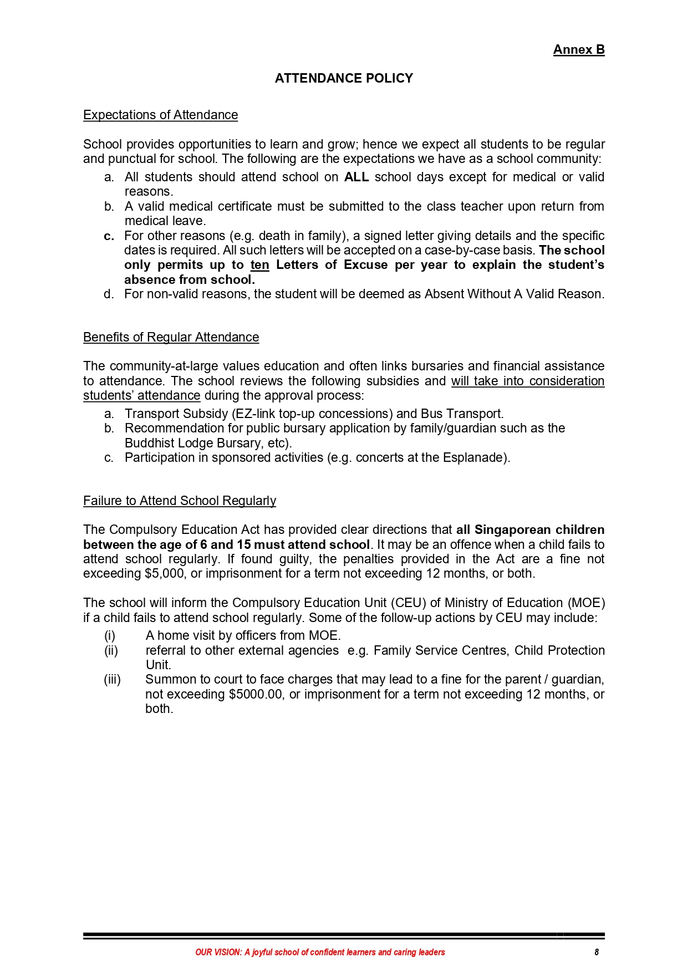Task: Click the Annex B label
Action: (578, 50)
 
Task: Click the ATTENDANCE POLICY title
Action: (344, 78)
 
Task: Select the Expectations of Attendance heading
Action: (160, 115)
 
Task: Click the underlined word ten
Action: (259, 265)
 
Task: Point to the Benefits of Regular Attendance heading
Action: (171, 337)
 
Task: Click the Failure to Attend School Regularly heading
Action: (179, 501)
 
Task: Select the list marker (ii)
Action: (111, 650)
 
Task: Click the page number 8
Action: (597, 952)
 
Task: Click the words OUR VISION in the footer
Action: (218, 952)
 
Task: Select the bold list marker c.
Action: (109, 236)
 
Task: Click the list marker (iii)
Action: (112, 680)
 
